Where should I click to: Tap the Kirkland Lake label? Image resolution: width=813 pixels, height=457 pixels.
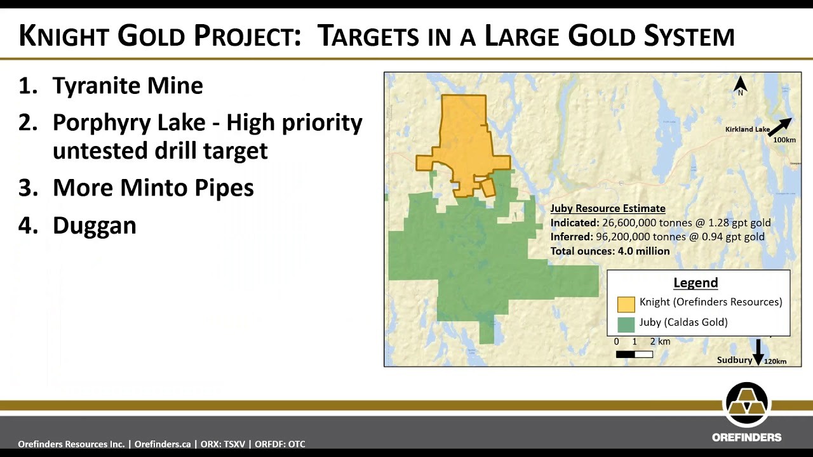(748, 129)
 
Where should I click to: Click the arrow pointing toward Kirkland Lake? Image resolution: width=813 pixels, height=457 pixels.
(779, 127)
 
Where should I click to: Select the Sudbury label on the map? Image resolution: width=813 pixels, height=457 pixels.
(734, 360)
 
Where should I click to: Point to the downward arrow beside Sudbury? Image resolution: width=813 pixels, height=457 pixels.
(758, 352)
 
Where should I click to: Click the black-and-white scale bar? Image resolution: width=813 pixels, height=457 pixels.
(635, 354)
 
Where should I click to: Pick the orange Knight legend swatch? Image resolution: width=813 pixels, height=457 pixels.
(626, 304)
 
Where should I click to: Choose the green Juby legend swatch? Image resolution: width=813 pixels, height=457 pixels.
(626, 324)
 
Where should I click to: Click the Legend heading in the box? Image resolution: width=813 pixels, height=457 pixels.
(695, 282)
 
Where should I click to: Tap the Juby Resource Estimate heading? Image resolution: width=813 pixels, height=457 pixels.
(608, 208)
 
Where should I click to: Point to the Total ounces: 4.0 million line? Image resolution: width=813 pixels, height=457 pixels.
(610, 251)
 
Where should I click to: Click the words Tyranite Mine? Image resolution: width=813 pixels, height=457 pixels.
(128, 86)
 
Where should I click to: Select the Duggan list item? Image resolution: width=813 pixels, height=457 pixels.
(95, 225)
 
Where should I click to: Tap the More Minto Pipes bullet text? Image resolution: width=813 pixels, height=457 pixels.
(153, 187)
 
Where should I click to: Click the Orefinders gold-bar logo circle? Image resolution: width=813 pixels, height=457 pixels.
(746, 405)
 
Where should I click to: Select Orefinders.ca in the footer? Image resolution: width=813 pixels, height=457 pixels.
(163, 444)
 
